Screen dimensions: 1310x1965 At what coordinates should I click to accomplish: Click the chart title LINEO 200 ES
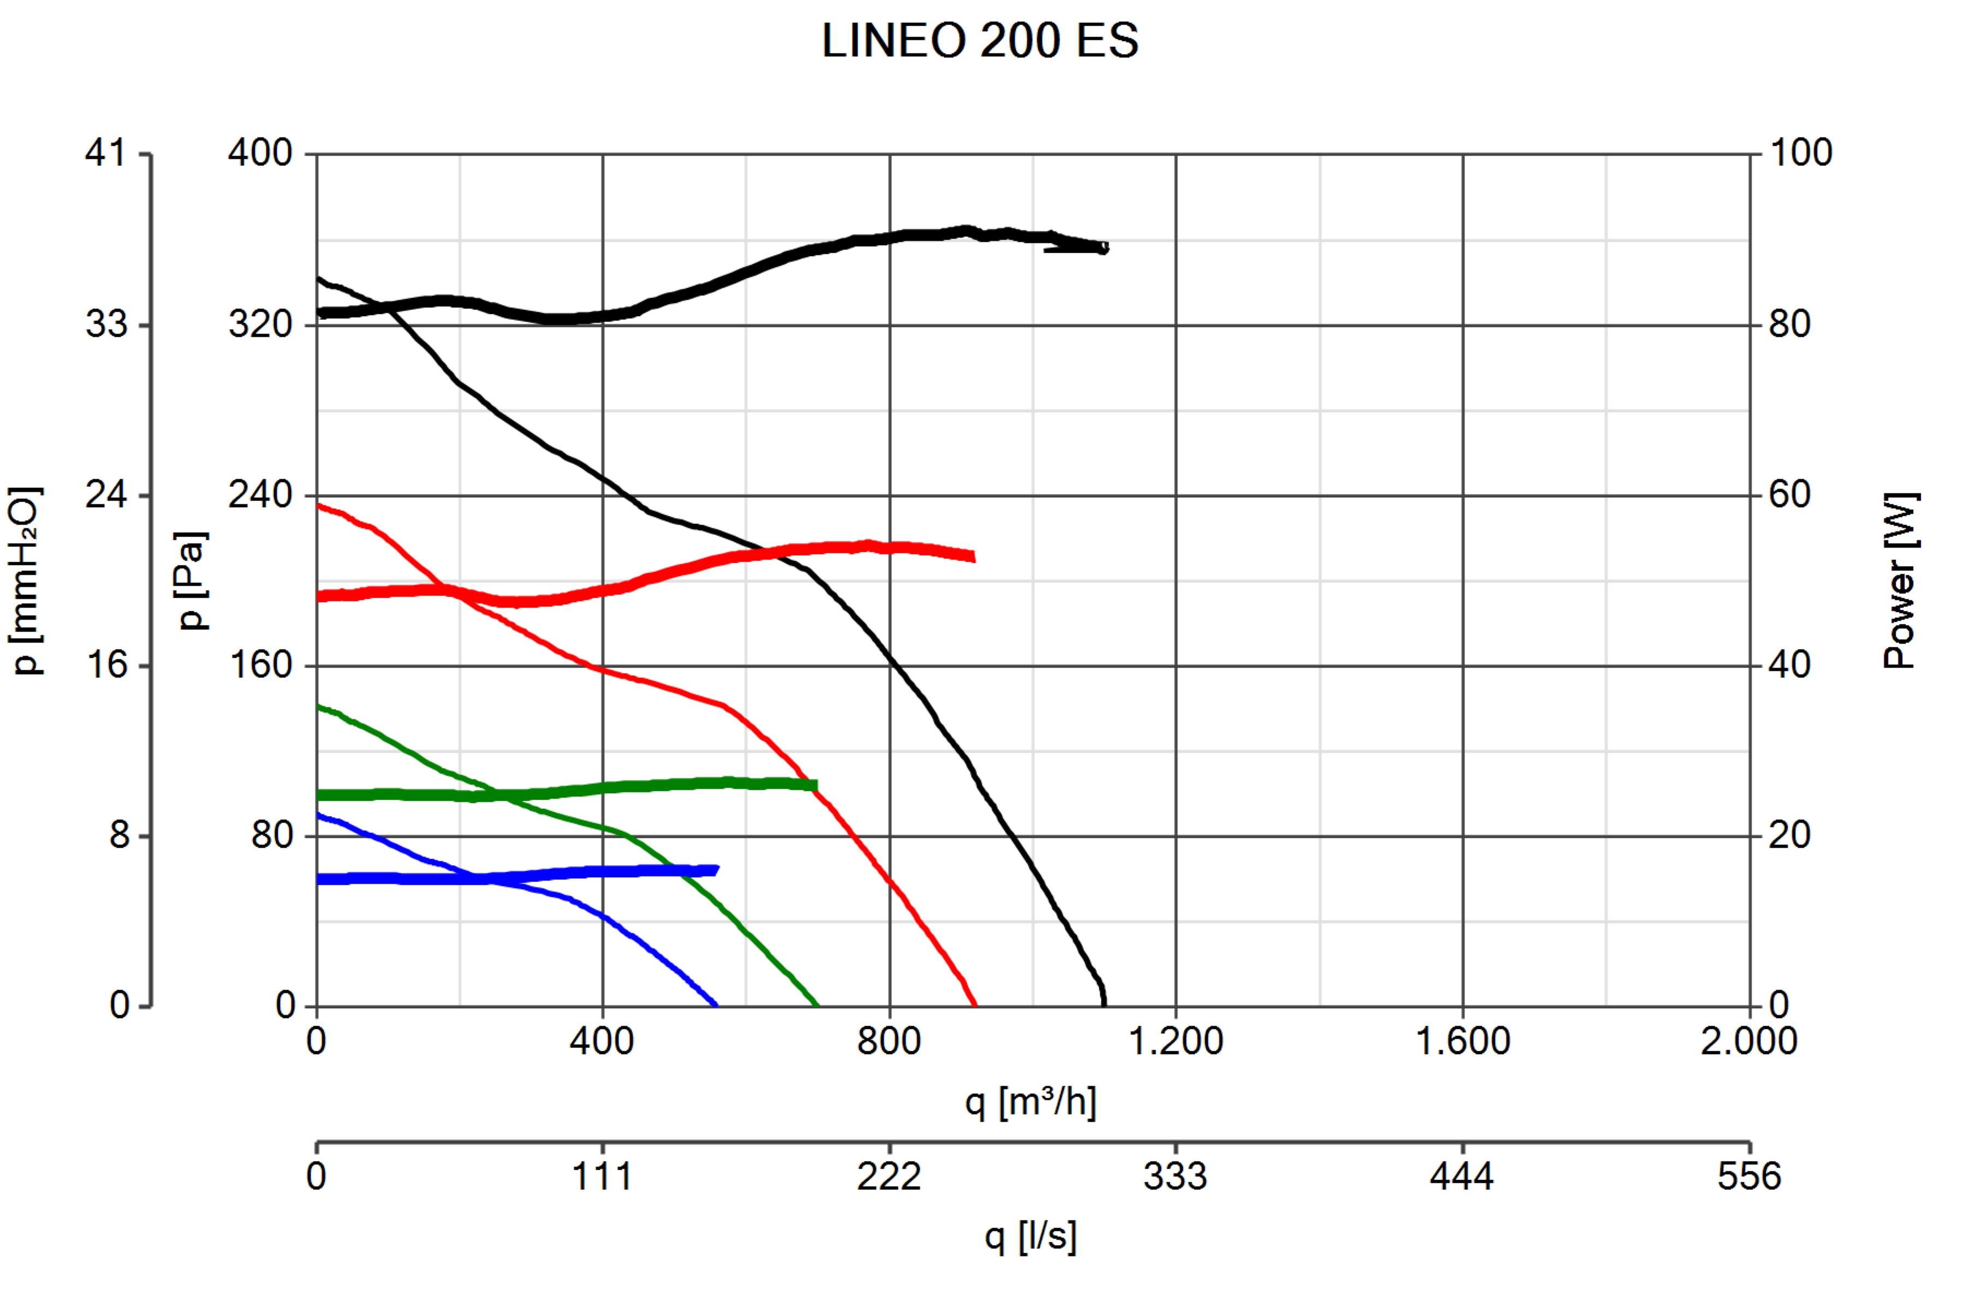click(x=979, y=40)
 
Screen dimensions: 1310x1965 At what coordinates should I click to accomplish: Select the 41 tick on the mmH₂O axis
click(x=106, y=153)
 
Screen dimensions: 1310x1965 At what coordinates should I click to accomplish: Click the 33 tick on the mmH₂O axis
click(x=106, y=324)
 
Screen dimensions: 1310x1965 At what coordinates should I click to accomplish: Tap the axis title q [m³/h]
click(x=1030, y=1102)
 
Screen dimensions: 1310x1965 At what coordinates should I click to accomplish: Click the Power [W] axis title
click(x=1901, y=580)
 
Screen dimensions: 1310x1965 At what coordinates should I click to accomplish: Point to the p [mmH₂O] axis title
click(x=25, y=580)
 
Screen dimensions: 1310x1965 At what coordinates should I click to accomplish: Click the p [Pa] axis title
click(x=192, y=580)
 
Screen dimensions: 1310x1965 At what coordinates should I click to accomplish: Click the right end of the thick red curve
click(x=973, y=556)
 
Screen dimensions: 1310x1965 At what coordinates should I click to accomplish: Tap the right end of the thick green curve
click(x=814, y=785)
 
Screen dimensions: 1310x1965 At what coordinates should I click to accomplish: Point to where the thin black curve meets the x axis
click(x=1104, y=1004)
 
